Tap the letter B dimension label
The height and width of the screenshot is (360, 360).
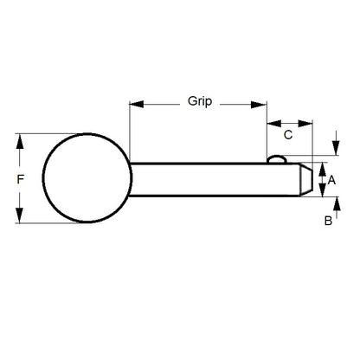click(329, 221)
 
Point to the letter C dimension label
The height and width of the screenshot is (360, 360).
click(289, 135)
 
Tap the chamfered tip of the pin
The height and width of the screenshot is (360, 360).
click(304, 179)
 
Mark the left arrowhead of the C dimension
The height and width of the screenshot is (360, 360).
click(270, 122)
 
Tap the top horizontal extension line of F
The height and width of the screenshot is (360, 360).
click(52, 134)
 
